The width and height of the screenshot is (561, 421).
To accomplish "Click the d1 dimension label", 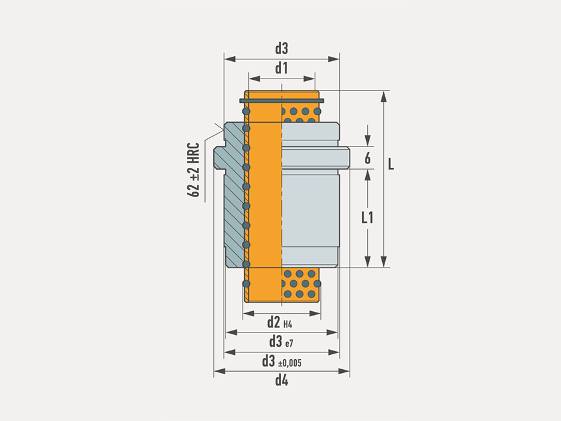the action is click(282, 68).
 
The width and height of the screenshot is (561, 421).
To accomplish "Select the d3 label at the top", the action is click(282, 48).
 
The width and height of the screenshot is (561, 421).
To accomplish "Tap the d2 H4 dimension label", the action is click(280, 322).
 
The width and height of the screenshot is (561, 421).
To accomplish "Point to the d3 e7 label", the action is click(281, 342).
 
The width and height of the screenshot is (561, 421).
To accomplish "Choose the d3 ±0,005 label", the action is click(282, 362).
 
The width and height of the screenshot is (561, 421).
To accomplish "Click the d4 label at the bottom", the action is click(282, 380).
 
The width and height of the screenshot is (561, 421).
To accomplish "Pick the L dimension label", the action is click(391, 164).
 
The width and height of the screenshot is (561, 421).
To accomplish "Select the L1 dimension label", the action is click(367, 217).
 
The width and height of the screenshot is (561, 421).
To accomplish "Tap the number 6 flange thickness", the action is click(367, 158).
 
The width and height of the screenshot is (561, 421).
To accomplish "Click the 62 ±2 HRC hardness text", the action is click(194, 170).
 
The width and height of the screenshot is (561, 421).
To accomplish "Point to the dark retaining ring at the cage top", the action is click(282, 101).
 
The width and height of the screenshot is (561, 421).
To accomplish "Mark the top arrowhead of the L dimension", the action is click(383, 96).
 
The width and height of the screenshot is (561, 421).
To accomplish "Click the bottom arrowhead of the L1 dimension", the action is click(367, 262).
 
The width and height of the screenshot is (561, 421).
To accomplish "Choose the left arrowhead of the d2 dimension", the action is click(249, 314).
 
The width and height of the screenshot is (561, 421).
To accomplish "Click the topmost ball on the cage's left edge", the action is click(246, 112).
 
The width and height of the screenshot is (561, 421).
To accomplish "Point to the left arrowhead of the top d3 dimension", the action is click(229, 59).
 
